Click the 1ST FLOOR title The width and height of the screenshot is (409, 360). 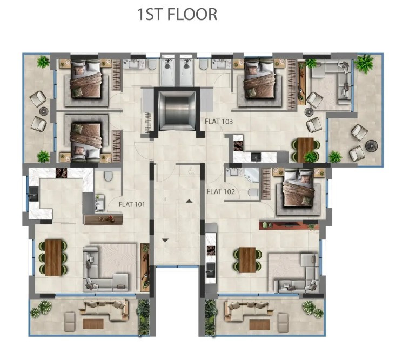click(x=177, y=14)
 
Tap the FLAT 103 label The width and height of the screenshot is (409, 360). click(x=219, y=122)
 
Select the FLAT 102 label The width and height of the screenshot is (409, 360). click(x=221, y=191)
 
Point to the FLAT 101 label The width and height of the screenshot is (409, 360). click(x=132, y=204)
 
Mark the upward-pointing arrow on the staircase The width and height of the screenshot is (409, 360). click(x=189, y=201)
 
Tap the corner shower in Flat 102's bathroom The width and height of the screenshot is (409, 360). click(x=250, y=176)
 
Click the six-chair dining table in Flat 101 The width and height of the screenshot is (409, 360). click(x=54, y=257)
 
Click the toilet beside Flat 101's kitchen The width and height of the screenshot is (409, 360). click(x=108, y=176)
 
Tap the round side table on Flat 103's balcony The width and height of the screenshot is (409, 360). click(x=372, y=146)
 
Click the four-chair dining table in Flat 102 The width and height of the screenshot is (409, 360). click(x=247, y=260)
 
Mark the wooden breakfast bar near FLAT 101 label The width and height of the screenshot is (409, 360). click(x=103, y=219)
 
